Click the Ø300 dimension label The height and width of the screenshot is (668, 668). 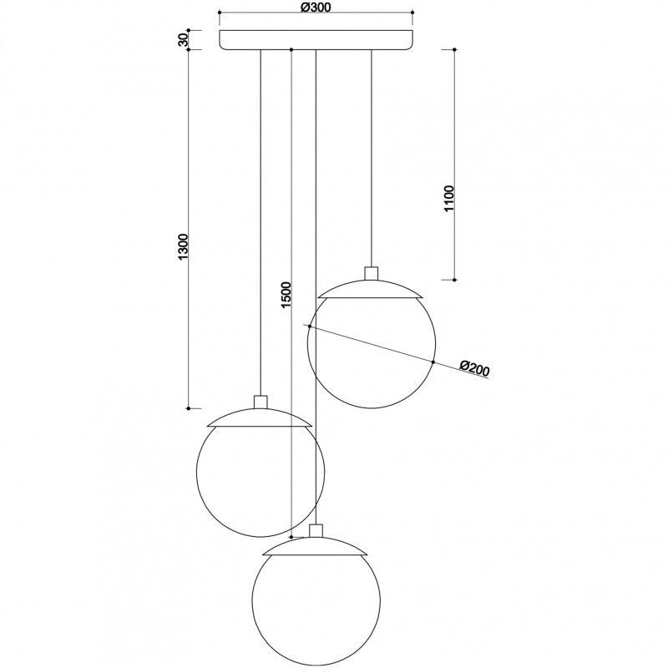pos(316,8)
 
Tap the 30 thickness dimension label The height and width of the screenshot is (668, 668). pos(183,40)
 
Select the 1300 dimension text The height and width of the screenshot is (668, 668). pos(183,246)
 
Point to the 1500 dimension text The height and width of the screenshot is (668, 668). pos(286,295)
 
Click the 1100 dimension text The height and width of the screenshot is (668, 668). pos(449,199)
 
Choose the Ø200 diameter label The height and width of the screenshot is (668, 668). pos(474,368)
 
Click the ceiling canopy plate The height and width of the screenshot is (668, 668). pos(316,40)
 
